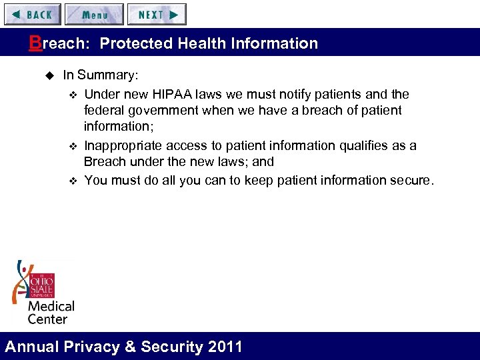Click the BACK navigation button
pyautogui.click(x=32, y=14)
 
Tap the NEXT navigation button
pyautogui.click(x=157, y=14)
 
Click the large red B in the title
pyautogui.click(x=35, y=43)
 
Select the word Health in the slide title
pyautogui.click(x=198, y=44)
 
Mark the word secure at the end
pyautogui.click(x=411, y=180)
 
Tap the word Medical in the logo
pyautogui.click(x=51, y=307)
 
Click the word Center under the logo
pyautogui.click(x=47, y=319)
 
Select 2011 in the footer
pyautogui.click(x=225, y=347)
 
